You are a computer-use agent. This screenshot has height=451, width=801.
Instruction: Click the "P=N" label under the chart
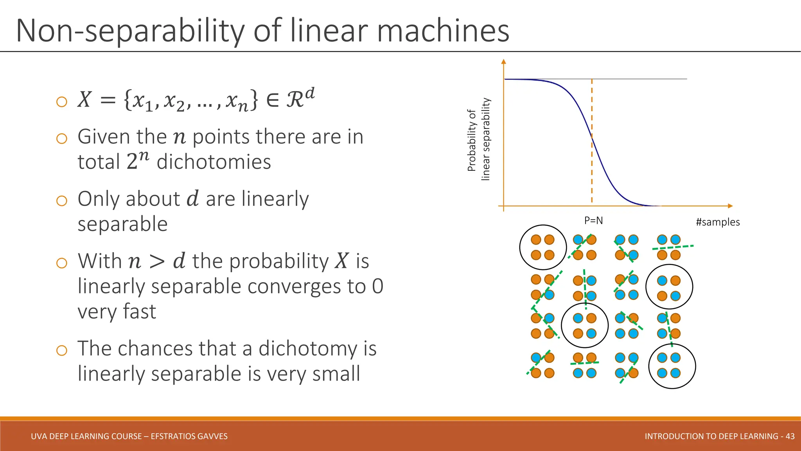pyautogui.click(x=593, y=220)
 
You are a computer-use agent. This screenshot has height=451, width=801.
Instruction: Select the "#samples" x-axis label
pyautogui.click(x=718, y=222)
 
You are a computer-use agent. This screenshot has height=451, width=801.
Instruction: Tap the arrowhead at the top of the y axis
pyautogui.click(x=504, y=61)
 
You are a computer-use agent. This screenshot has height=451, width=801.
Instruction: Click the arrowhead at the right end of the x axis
pyautogui.click(x=730, y=206)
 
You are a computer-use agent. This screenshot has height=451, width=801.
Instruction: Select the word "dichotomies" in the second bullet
pyautogui.click(x=214, y=162)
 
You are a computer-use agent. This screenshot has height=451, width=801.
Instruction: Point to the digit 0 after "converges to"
pyautogui.click(x=377, y=286)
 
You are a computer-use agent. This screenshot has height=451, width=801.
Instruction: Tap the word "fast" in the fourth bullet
pyautogui.click(x=139, y=312)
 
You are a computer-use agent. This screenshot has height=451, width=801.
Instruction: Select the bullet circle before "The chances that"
pyautogui.click(x=62, y=350)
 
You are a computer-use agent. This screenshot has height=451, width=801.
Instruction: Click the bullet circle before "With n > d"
pyautogui.click(x=62, y=263)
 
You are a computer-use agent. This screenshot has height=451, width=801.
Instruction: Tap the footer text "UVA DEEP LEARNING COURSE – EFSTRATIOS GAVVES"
pyautogui.click(x=129, y=436)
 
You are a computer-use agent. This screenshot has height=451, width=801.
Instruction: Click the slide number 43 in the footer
pyautogui.click(x=790, y=436)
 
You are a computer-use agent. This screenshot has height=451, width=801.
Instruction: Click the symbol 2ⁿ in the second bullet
pyautogui.click(x=137, y=161)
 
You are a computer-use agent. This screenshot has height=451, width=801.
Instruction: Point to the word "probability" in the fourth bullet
pyautogui.click(x=279, y=261)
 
